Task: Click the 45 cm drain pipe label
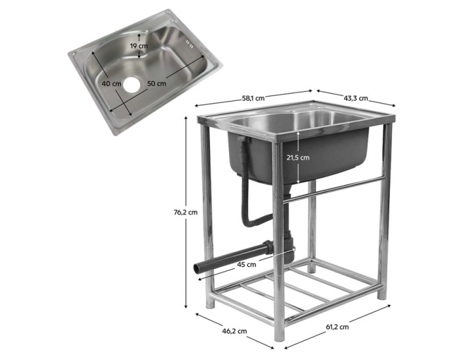(x=246, y=265)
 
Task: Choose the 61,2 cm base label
(x=334, y=328)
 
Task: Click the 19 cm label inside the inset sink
(x=139, y=46)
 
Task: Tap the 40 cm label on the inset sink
(x=111, y=83)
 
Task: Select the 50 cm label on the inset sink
(x=156, y=83)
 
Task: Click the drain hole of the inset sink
(x=134, y=84)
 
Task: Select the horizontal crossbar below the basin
(x=337, y=187)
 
